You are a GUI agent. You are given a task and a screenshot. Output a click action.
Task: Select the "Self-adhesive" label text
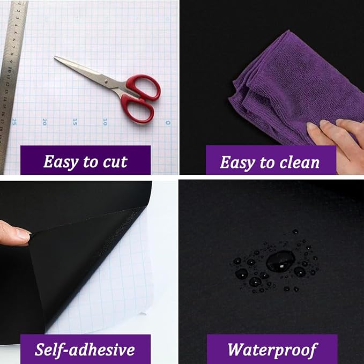point(85,350)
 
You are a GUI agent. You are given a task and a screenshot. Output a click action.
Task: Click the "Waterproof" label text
point(272,350)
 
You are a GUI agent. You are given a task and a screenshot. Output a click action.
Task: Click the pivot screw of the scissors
point(106,81)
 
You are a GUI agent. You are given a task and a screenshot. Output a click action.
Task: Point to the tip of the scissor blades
point(54,57)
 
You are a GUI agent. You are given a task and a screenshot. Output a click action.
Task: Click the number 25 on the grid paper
point(14,121)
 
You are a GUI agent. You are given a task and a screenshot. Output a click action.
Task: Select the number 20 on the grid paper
point(44,121)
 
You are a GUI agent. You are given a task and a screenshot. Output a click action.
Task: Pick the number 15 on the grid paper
point(75,121)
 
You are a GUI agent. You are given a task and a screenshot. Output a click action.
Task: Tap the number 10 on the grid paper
point(105,121)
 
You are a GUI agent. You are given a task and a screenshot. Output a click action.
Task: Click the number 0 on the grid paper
point(168,122)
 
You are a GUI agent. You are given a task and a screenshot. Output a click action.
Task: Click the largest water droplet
point(280,261)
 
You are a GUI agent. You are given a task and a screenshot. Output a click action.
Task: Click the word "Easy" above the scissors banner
point(61,162)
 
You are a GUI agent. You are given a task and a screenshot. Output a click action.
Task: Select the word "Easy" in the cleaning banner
point(237,162)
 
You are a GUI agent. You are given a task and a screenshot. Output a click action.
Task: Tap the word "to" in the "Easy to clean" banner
point(267,162)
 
